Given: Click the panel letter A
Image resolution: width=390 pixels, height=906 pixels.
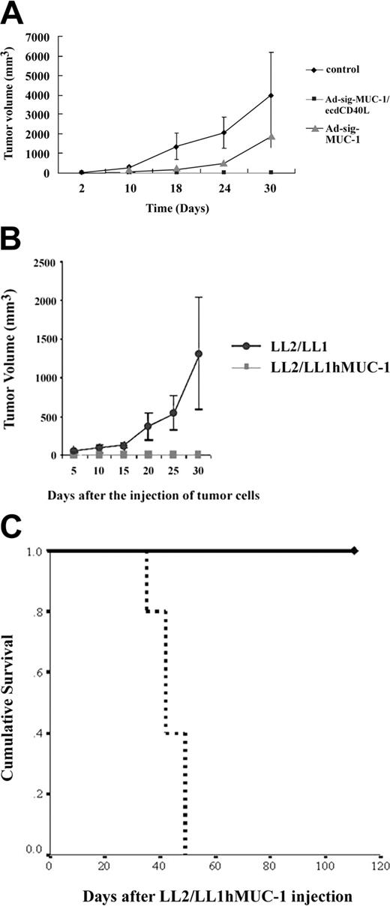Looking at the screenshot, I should [x=14, y=12].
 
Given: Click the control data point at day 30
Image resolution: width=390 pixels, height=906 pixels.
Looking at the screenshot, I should [x=270, y=95].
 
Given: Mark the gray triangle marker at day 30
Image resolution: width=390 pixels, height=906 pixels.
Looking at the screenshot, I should [x=270, y=136].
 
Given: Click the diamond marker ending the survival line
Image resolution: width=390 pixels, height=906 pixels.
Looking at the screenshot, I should [x=355, y=551].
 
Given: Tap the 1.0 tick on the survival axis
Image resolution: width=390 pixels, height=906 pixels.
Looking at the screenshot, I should [x=35, y=551].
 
